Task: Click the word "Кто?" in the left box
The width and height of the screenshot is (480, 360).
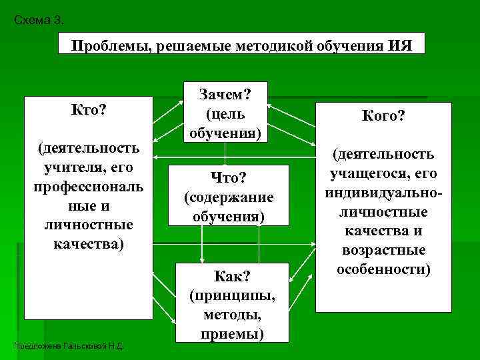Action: click(89, 109)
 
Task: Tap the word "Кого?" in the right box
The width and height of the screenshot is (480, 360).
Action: click(383, 116)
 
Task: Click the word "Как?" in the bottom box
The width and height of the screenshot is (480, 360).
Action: click(231, 276)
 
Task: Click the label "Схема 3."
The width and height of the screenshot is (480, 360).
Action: click(39, 20)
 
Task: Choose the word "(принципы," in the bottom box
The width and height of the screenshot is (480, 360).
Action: click(232, 295)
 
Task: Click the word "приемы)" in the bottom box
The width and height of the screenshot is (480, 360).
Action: click(232, 333)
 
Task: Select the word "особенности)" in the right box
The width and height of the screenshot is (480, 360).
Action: click(383, 269)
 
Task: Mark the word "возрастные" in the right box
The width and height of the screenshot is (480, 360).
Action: click(383, 251)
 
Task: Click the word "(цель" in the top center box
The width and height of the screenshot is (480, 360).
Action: click(225, 114)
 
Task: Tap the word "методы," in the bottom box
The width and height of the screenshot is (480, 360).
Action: click(232, 313)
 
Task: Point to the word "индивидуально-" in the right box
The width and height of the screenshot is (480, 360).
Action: click(383, 193)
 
